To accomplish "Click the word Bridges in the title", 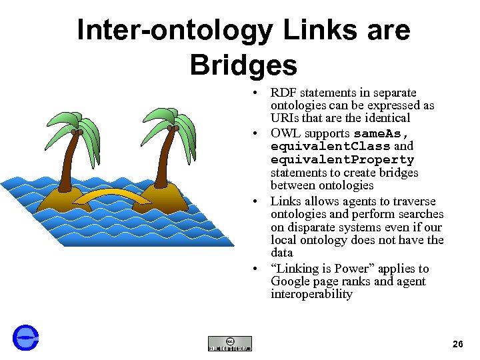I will click(x=243, y=65).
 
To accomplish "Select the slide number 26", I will click(x=458, y=344).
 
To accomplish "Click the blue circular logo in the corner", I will click(x=26, y=338).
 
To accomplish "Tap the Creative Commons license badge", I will click(x=230, y=343).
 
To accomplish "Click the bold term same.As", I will click(x=381, y=133).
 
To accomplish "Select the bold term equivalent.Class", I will click(x=331, y=146).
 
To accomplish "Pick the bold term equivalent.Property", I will click(x=342, y=159).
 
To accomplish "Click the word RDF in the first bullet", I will click(x=283, y=93).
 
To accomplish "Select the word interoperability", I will click(x=311, y=294).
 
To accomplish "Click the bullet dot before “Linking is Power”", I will click(x=255, y=269).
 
